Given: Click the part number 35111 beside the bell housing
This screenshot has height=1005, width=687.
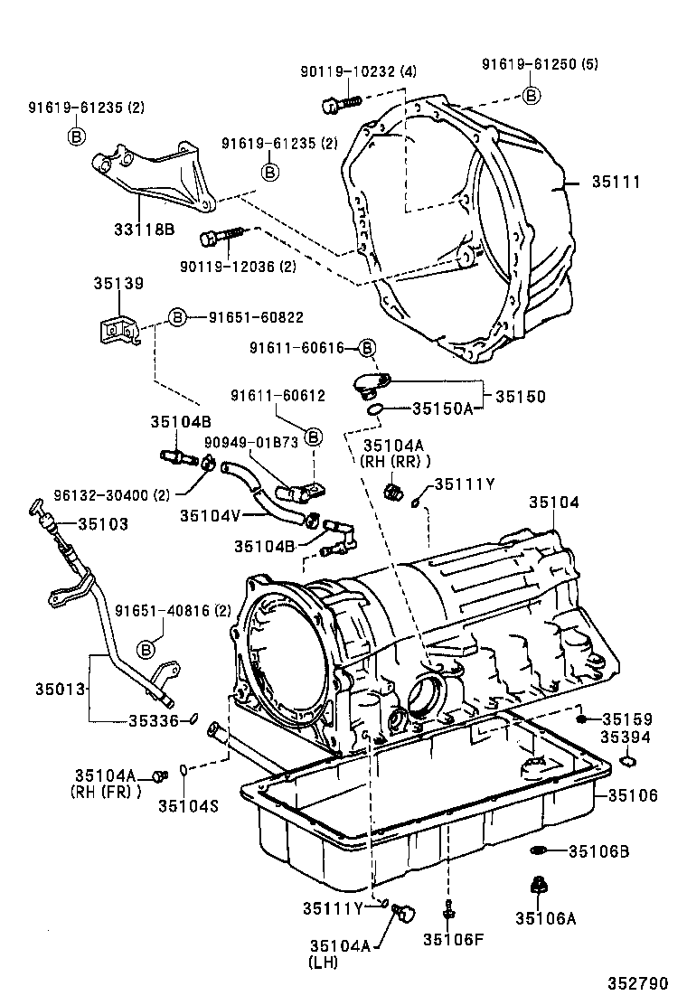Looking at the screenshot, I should pyautogui.click(x=616, y=182).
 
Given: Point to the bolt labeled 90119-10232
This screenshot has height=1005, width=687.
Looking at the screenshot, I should pyautogui.click(x=331, y=105).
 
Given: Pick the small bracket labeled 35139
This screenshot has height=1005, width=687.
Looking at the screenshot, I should pyautogui.click(x=116, y=329).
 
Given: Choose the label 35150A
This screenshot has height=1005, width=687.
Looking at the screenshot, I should pyautogui.click(x=442, y=409).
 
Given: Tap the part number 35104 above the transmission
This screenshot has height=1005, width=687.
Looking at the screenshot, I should pyautogui.click(x=554, y=502).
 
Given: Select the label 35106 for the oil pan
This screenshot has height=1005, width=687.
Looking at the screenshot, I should pyautogui.click(x=633, y=795).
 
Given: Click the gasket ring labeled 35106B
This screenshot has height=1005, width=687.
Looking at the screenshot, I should pyautogui.click(x=538, y=850).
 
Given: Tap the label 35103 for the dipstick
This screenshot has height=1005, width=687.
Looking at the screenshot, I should pyautogui.click(x=102, y=523).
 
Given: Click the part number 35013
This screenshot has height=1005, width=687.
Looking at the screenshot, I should pyautogui.click(x=61, y=689).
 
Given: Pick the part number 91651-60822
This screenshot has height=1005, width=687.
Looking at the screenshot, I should pyautogui.click(x=256, y=317).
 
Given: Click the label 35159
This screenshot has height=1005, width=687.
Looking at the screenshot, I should pyautogui.click(x=627, y=719).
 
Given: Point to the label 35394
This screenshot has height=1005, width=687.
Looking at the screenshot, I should pyautogui.click(x=626, y=737).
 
